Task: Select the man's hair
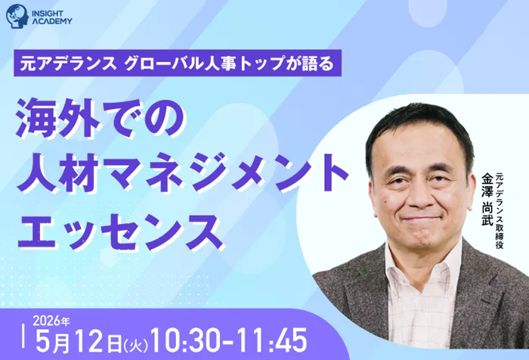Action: pos(412,125)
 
